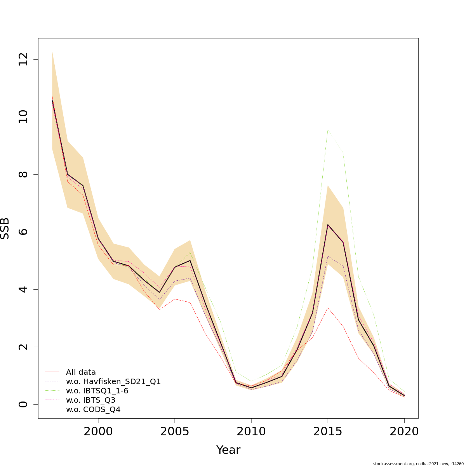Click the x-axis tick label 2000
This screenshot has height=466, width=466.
click(x=98, y=431)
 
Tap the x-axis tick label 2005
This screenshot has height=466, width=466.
click(x=175, y=431)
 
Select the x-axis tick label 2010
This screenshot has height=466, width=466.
click(x=251, y=431)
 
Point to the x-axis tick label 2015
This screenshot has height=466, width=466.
click(x=328, y=431)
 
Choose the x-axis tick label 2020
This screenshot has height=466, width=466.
click(x=404, y=431)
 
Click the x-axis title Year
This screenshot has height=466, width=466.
click(x=228, y=450)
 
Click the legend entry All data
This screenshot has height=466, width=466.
click(x=81, y=372)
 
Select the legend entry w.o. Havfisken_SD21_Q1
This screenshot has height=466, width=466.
click(x=113, y=381)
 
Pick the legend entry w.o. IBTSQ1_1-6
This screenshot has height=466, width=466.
click(x=97, y=391)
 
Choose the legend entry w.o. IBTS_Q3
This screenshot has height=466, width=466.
click(x=90, y=400)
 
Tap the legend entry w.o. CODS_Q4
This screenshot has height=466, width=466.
click(x=93, y=409)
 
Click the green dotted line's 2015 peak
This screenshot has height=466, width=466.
click(x=328, y=129)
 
